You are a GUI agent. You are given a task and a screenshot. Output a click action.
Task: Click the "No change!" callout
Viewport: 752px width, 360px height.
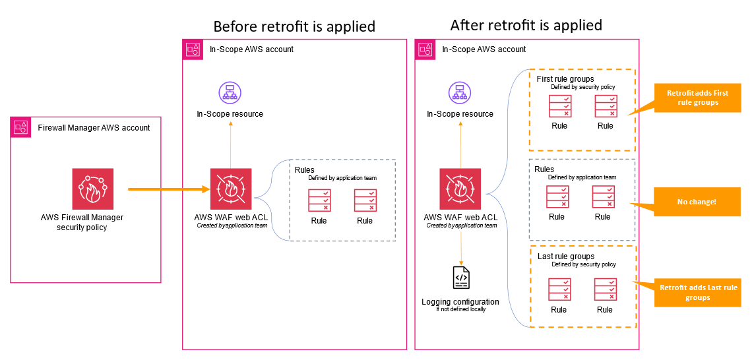pyautogui.click(x=696, y=202)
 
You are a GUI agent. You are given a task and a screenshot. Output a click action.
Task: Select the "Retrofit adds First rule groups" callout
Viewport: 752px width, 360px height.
pyautogui.click(x=697, y=98)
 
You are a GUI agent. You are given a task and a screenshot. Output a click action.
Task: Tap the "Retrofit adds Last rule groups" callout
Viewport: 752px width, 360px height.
pyautogui.click(x=697, y=292)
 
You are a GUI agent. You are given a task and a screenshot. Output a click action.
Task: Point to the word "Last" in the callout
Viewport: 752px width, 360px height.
pyautogui.click(x=713, y=287)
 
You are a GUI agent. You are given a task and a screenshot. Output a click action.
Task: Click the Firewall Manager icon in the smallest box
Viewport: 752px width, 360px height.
pyautogui.click(x=93, y=189)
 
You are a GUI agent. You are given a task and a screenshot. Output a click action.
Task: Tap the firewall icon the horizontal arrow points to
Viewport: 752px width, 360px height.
pyautogui.click(x=231, y=189)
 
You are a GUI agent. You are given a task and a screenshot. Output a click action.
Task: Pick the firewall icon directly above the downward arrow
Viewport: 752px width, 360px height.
pyautogui.click(x=460, y=189)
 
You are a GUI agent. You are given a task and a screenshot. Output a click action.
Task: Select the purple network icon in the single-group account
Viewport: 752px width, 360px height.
pyautogui.click(x=230, y=92)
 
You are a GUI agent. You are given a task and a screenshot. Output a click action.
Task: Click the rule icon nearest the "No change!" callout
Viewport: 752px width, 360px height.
pyautogui.click(x=604, y=196)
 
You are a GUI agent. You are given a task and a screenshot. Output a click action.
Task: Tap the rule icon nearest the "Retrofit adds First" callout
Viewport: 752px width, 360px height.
pyautogui.click(x=606, y=106)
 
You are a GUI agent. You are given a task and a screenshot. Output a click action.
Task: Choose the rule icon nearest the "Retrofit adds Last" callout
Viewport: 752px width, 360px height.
pyautogui.click(x=606, y=289)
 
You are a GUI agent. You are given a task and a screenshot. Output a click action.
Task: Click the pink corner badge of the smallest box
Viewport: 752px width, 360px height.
pyautogui.click(x=21, y=127)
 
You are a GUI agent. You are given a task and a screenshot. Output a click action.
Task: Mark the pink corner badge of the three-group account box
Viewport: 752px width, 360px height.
pyautogui.click(x=425, y=49)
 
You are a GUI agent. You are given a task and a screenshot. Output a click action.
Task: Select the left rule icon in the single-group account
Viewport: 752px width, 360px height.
pyautogui.click(x=320, y=200)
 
